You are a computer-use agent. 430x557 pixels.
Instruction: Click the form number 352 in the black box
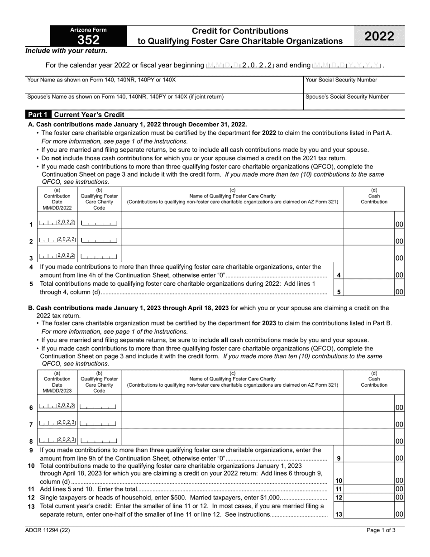(x=88, y=40)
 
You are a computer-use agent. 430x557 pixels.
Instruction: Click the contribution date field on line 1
(x=57, y=223)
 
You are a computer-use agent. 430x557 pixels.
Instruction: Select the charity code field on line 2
(x=99, y=240)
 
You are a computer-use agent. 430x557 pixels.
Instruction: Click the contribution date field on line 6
(x=57, y=406)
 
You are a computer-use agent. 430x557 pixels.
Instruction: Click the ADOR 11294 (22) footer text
(x=46, y=533)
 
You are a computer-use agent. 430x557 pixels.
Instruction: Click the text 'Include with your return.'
(x=66, y=51)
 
